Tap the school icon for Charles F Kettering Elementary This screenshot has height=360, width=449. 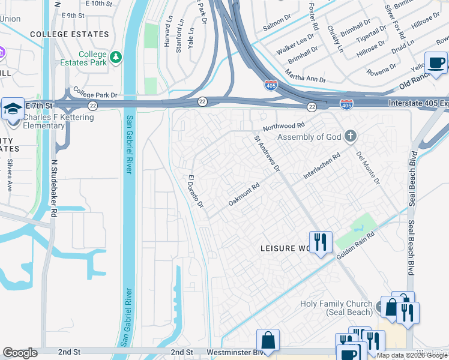(x=13, y=109)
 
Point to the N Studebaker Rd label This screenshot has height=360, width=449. (x=54, y=188)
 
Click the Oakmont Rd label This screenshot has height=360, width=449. (x=244, y=196)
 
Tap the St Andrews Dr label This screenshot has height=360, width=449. (x=267, y=153)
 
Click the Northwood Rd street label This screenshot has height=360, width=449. (x=284, y=126)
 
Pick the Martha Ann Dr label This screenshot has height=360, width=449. (x=306, y=76)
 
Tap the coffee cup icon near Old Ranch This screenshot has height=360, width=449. (x=436, y=62)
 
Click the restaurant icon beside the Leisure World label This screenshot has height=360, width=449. (x=321, y=242)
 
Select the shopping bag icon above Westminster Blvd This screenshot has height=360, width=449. (x=268, y=340)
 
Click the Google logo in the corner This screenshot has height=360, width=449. (x=20, y=353)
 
